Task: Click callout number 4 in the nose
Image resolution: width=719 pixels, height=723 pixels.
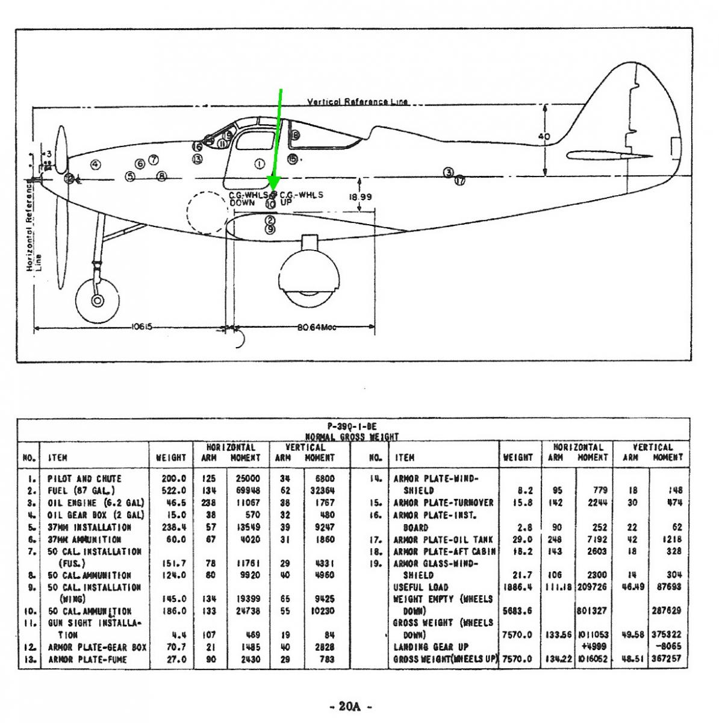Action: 95,164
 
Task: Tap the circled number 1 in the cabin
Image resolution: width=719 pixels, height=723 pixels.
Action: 260,164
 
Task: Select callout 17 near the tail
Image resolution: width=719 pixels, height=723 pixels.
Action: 460,180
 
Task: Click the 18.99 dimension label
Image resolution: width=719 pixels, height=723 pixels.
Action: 360,197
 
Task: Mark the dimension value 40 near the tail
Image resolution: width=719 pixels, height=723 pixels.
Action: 544,137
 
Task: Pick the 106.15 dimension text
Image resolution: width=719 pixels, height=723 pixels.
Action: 141,327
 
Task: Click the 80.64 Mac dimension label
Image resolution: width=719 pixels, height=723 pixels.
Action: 316,327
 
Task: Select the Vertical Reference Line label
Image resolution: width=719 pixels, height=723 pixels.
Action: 358,102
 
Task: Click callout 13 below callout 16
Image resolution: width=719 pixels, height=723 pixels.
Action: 198,158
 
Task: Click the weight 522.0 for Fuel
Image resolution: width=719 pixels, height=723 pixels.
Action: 173,490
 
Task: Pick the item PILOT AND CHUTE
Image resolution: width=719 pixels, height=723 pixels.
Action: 84,478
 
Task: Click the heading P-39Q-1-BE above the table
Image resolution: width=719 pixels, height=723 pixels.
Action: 353,427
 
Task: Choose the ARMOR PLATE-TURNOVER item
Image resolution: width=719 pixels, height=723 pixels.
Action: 443,502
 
